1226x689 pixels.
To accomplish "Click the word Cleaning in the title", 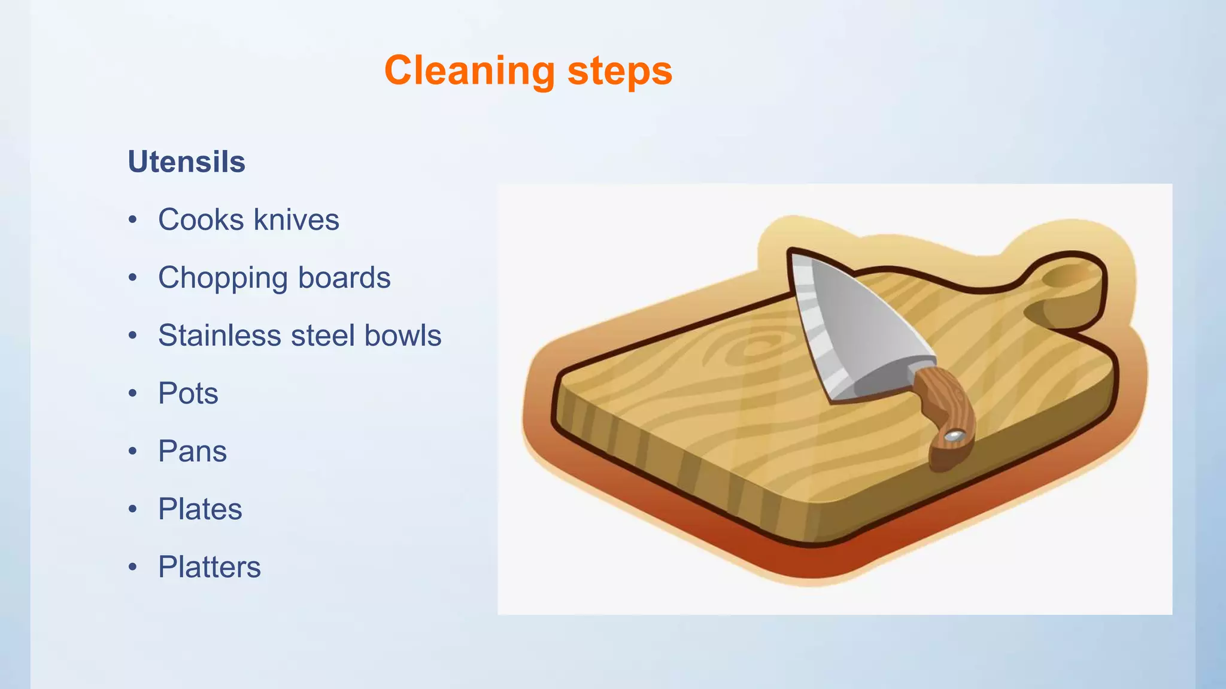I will pyautogui.click(x=470, y=71).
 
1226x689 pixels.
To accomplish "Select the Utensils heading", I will pyautogui.click(x=186, y=161).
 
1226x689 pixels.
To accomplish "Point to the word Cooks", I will pyautogui.click(x=201, y=219).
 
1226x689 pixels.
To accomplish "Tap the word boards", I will pyautogui.click(x=344, y=278).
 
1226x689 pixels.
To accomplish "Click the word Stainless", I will pyautogui.click(x=219, y=335).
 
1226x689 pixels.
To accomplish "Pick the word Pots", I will pyautogui.click(x=188, y=393).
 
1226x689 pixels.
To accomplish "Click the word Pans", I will pyautogui.click(x=192, y=451).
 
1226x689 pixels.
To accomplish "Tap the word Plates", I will pyautogui.click(x=200, y=509).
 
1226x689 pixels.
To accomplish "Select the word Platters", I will pyautogui.click(x=209, y=567).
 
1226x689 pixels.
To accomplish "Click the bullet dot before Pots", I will pyautogui.click(x=132, y=394).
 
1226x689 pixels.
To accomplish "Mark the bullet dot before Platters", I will pyautogui.click(x=132, y=567).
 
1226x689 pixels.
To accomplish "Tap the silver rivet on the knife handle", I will pyautogui.click(x=954, y=436).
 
